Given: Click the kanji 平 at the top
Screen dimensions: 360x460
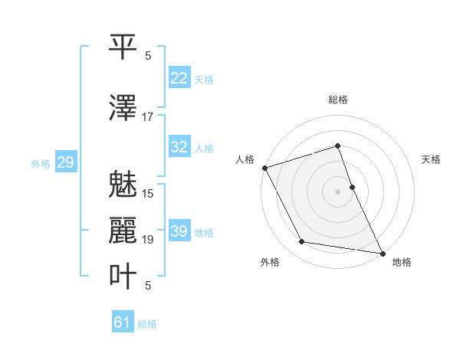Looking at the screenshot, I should click(x=123, y=48).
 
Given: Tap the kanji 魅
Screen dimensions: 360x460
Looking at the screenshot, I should click(x=123, y=185).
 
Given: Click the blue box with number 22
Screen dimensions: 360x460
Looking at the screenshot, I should click(x=179, y=78).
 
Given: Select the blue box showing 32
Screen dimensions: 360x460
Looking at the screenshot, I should click(x=179, y=147).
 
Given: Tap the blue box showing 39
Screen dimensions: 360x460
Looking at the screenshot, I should click(x=179, y=231).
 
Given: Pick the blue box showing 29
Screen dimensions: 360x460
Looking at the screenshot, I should click(x=65, y=162).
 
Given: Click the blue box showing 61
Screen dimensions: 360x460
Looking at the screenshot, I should click(x=123, y=322).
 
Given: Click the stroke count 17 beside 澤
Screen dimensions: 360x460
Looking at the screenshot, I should click(x=148, y=117).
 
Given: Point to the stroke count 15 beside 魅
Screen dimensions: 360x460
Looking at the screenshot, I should click(x=148, y=194).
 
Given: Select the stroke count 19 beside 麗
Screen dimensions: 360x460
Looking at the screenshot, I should click(x=148, y=240).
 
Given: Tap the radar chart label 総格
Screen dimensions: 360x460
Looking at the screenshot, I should click(x=338, y=100).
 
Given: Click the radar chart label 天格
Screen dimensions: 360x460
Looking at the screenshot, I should click(x=431, y=159).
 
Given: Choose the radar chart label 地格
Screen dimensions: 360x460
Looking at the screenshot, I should click(x=402, y=262).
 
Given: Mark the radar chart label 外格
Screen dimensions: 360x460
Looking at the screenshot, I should click(x=270, y=262).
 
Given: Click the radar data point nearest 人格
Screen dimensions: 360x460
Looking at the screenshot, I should click(x=264, y=168).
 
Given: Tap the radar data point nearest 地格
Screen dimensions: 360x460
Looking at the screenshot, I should click(x=382, y=253).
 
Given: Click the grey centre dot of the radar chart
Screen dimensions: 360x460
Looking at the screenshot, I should click(x=338, y=191).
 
